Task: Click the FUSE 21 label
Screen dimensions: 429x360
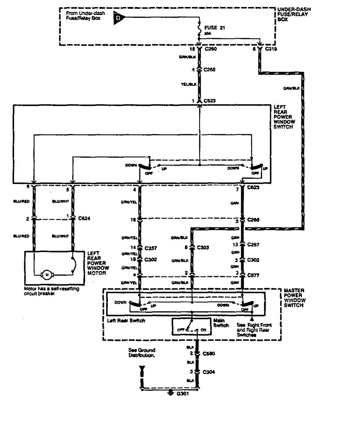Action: [x=214, y=27]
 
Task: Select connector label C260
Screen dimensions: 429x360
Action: [x=211, y=49]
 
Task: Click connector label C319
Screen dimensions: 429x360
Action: [x=272, y=49]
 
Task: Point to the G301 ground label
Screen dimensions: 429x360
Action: [x=182, y=394]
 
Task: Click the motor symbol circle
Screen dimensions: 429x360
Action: [x=46, y=275]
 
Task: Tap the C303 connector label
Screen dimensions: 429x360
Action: [x=203, y=248]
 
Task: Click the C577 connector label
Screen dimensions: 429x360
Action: [x=253, y=275]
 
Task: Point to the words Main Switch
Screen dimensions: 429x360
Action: [x=220, y=323]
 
